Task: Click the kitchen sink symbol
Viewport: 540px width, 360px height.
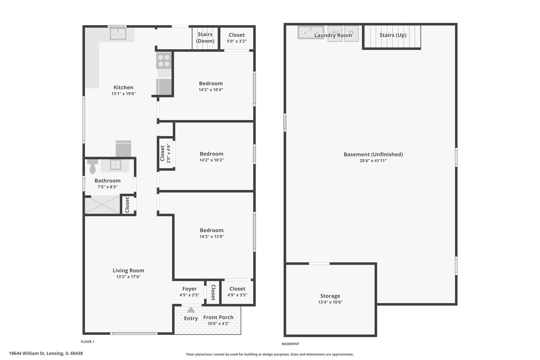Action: pyautogui.click(x=118, y=34)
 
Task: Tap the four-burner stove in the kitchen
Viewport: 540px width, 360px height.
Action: pyautogui.click(x=164, y=61)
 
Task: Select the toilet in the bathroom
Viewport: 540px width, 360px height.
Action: pyautogui.click(x=93, y=166)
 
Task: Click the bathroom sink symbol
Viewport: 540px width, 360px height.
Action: pyautogui.click(x=115, y=165)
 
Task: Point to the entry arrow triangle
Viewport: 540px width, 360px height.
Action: pyautogui.click(x=191, y=310)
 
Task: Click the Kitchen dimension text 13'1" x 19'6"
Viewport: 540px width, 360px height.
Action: pyautogui.click(x=123, y=94)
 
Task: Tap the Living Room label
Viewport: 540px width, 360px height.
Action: pyautogui.click(x=128, y=271)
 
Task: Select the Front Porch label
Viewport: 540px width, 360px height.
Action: pyautogui.click(x=218, y=317)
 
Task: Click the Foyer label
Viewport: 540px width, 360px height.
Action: pyautogui.click(x=189, y=289)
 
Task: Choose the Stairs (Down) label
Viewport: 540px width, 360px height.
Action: pyautogui.click(x=205, y=38)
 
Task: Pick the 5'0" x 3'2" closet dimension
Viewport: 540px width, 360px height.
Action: pyautogui.click(x=237, y=41)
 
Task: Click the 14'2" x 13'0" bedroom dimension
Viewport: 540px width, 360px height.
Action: pyautogui.click(x=212, y=237)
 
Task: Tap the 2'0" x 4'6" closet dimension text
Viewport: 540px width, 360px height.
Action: pyautogui.click(x=169, y=153)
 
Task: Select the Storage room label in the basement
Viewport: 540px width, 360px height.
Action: pyautogui.click(x=330, y=296)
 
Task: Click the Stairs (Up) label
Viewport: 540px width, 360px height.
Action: pyautogui.click(x=393, y=35)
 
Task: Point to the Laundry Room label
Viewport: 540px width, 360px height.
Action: pyautogui.click(x=333, y=35)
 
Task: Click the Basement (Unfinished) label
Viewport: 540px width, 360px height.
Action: pyautogui.click(x=373, y=154)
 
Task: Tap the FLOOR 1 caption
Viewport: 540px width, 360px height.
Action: pyautogui.click(x=88, y=342)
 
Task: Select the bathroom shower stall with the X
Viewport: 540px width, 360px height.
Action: pyautogui.click(x=102, y=204)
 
